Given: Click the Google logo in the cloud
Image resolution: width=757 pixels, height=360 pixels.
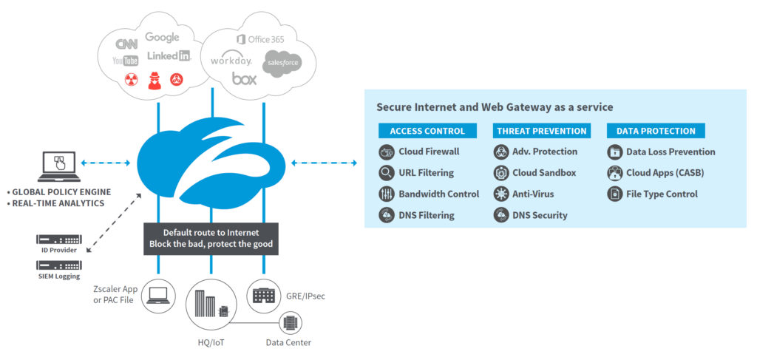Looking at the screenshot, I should (x=162, y=37).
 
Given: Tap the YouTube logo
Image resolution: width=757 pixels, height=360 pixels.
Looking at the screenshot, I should (x=125, y=61).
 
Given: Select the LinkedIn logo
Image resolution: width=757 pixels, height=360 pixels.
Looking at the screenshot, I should (x=169, y=55).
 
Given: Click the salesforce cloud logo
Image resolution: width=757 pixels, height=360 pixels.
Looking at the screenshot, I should (x=282, y=64).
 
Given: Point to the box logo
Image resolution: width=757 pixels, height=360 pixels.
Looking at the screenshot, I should (x=244, y=78).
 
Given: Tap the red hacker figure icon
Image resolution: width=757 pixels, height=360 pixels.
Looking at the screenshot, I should (x=155, y=81).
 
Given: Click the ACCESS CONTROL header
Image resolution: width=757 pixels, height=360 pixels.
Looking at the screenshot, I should (x=427, y=131).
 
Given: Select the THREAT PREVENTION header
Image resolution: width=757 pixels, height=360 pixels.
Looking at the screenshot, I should (x=542, y=131).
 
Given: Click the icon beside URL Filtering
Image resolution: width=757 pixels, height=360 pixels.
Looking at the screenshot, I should (x=386, y=173).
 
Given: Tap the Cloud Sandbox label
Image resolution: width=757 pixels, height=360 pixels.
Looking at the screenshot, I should (x=544, y=173).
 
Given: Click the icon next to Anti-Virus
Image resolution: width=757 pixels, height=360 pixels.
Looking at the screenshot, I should (x=500, y=194).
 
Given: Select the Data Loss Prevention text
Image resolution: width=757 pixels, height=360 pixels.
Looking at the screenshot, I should (x=671, y=152).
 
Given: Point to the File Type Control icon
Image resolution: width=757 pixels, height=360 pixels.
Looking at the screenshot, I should (x=614, y=194).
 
